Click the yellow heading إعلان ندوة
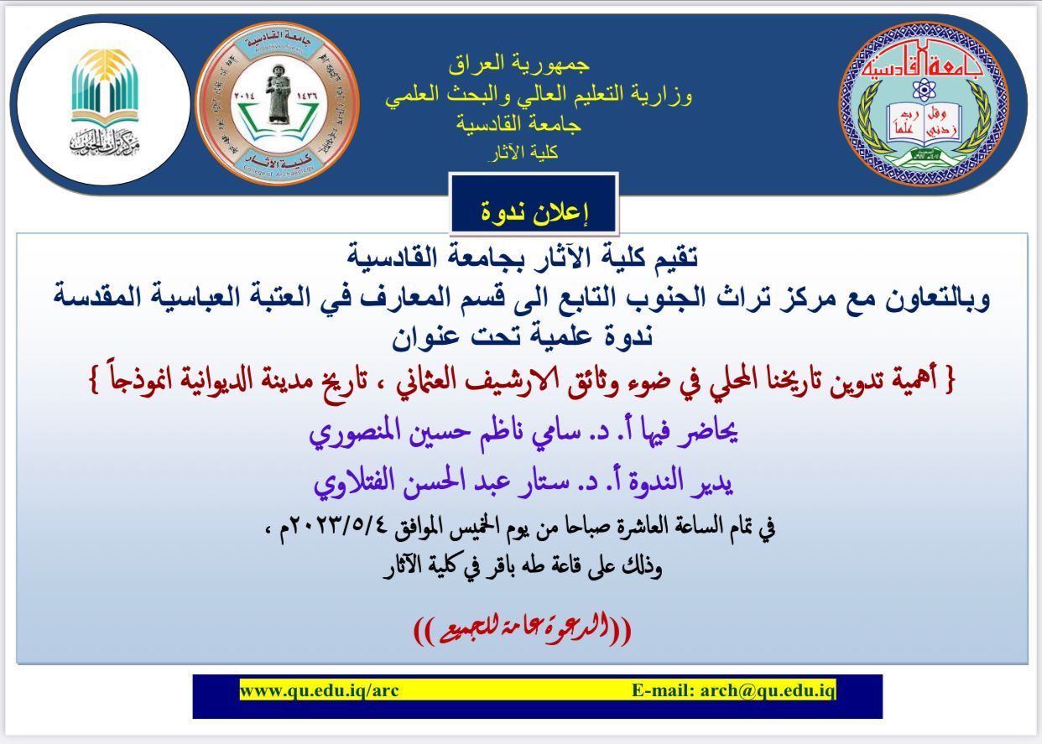tap(534, 212)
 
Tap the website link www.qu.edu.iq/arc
tap(319, 690)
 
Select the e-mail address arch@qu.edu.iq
tap(768, 690)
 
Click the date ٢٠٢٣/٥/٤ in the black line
tap(345, 527)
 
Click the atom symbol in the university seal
tap(924, 89)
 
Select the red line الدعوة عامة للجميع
tap(522, 629)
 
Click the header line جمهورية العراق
tap(519, 65)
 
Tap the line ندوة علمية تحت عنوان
tap(522, 336)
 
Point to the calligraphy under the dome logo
tap(105, 142)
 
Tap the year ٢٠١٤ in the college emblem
tap(244, 96)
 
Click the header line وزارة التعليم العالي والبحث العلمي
tap(539, 95)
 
